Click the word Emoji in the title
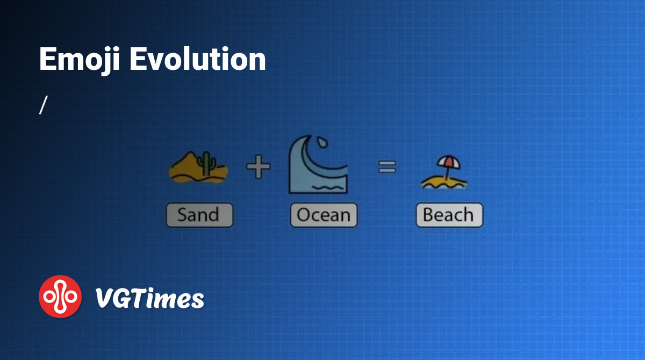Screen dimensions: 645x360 tap(79, 60)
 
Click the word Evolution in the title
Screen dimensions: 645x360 tap(198, 59)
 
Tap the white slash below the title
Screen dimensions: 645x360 tap(43, 105)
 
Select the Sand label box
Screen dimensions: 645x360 tap(199, 215)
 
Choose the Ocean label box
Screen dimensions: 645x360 tap(324, 215)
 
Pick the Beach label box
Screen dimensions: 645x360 tap(449, 215)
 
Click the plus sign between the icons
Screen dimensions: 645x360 tap(259, 167)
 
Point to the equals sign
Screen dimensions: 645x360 tap(387, 167)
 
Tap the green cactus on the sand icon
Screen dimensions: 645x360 tap(206, 163)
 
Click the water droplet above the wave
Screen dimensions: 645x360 tap(322, 142)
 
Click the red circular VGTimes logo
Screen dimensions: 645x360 tap(60, 297)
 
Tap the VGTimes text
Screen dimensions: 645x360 tap(149, 298)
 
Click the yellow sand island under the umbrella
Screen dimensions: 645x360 tap(444, 183)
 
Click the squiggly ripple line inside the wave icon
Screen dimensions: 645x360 tap(328, 188)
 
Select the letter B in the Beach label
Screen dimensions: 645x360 tap(428, 215)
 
